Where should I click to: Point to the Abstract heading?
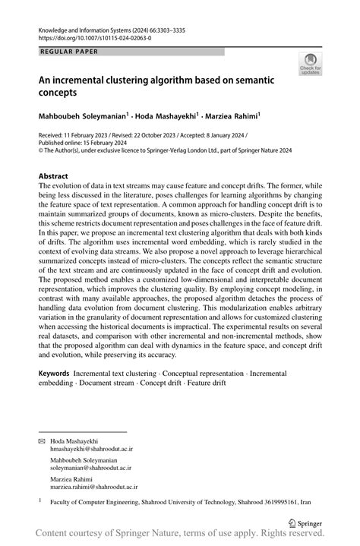58,175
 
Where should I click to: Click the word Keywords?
54,374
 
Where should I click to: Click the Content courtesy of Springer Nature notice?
179,535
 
